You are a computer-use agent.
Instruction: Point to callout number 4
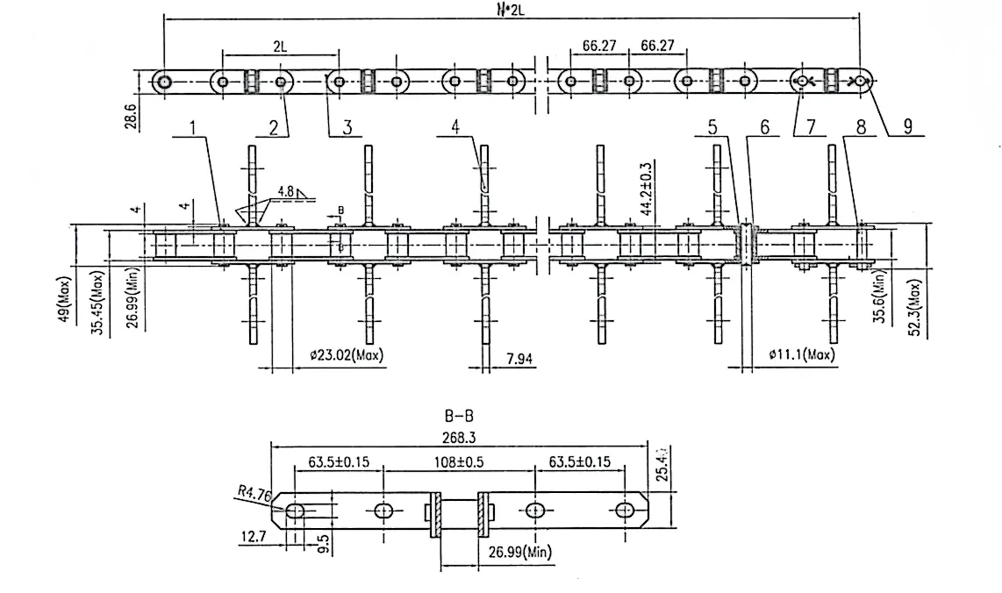coord(455,128)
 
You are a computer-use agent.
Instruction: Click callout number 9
coord(907,128)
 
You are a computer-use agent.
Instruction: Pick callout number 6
coord(764,128)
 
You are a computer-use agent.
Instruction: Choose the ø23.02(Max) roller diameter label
coord(347,356)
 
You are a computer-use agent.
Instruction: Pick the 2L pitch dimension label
coord(279,46)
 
